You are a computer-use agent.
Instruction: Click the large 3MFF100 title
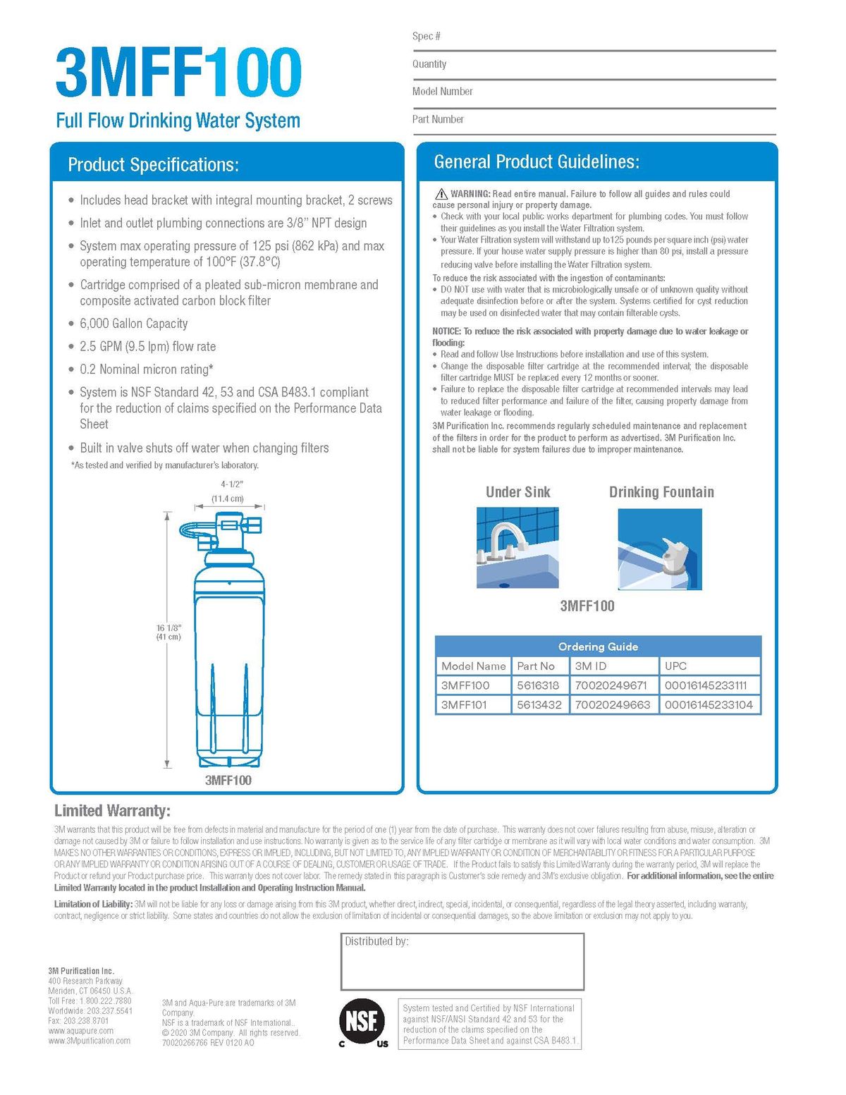[178, 73]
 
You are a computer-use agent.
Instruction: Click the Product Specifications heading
[153, 165]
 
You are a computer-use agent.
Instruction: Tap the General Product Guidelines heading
[537, 162]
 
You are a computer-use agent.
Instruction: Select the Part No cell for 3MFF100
[538, 685]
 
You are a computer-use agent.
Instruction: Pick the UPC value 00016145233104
[709, 704]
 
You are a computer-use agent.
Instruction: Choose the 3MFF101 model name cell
[464, 704]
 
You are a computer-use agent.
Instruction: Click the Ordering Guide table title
[598, 647]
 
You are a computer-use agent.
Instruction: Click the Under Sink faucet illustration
[517, 548]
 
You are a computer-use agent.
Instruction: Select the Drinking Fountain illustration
[660, 549]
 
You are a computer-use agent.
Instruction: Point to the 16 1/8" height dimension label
[168, 632]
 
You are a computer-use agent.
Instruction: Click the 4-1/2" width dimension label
[231, 484]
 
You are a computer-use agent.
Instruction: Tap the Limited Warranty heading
[112, 811]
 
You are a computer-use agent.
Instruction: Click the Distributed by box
[462, 962]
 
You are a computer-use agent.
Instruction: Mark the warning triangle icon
[441, 194]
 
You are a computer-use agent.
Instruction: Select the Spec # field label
[427, 37]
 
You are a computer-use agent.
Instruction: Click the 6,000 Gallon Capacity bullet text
[134, 324]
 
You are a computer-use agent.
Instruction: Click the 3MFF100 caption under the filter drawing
[228, 781]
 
